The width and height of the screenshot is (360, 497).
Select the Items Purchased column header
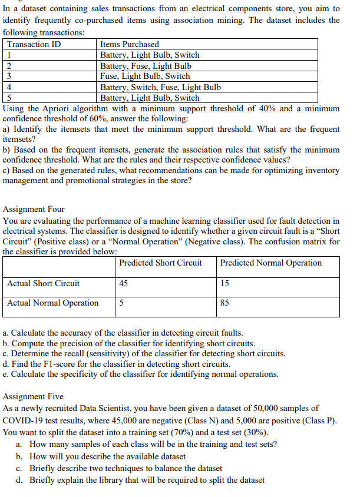(130, 44)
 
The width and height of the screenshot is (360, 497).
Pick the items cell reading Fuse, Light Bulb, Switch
(145, 76)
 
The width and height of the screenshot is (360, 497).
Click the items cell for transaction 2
(146, 65)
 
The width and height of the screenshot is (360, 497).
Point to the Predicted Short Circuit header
(160, 263)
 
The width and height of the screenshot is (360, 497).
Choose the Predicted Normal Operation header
(271, 263)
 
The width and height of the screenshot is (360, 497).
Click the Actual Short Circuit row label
(44, 283)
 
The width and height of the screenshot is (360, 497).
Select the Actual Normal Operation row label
(53, 303)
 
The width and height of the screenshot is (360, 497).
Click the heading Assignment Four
(34, 209)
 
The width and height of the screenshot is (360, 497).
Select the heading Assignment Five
(34, 396)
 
